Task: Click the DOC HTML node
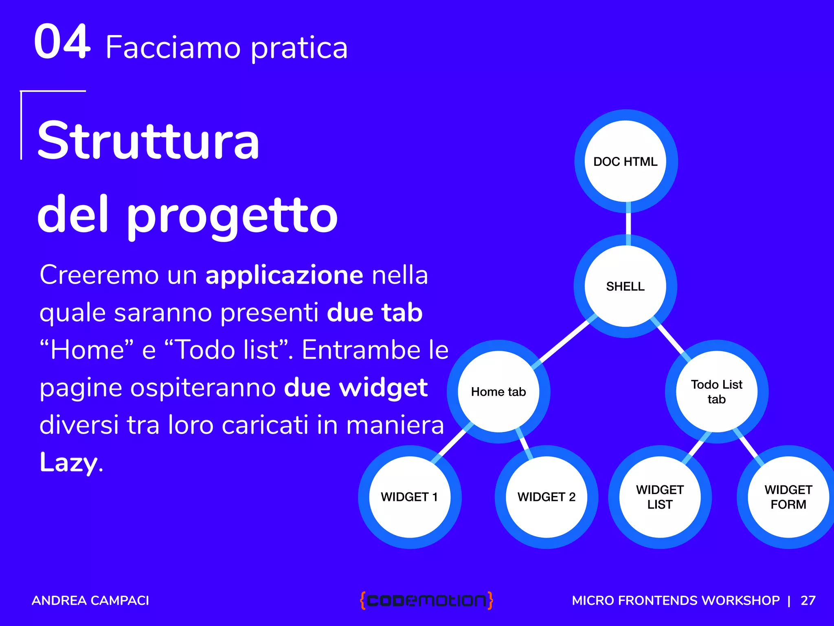(x=625, y=161)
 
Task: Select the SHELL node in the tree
(x=625, y=286)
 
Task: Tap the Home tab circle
(x=498, y=392)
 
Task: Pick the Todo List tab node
(x=717, y=392)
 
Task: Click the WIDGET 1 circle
(x=410, y=497)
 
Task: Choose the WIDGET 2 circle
(x=546, y=497)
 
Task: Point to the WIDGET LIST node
(x=660, y=497)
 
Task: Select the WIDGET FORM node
(x=788, y=497)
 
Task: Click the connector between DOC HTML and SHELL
(x=628, y=224)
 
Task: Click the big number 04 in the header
(x=62, y=42)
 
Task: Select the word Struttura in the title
(x=148, y=141)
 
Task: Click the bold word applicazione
(x=284, y=275)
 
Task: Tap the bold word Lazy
(x=69, y=462)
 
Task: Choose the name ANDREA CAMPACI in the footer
(x=90, y=600)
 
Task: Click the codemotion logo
(x=426, y=600)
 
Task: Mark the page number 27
(x=808, y=600)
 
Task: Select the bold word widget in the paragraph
(x=383, y=387)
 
